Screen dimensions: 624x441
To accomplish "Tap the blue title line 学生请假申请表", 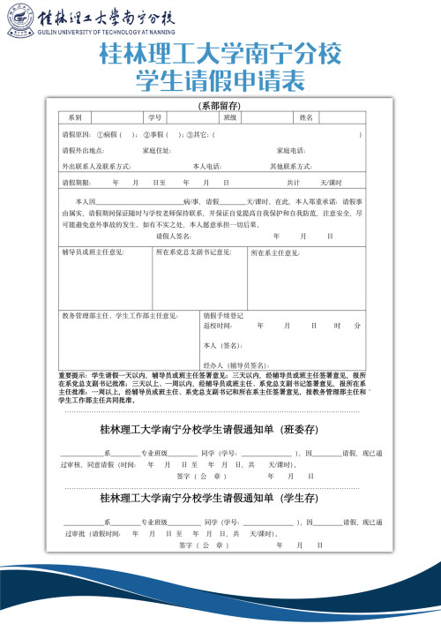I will tap(220, 82).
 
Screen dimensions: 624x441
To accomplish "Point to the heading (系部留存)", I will tap(220, 106).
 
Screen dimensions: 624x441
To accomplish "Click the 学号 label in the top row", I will tap(153, 117).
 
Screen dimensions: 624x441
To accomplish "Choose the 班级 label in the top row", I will tap(229, 117).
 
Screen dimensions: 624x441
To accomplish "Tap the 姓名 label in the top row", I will tap(306, 117).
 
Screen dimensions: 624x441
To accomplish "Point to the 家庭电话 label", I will tap(291, 150).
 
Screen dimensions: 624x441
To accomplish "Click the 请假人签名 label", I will tap(174, 236).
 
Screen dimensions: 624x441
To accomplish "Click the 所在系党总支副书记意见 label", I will tap(194, 252).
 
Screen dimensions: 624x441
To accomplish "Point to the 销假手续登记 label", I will tap(224, 314).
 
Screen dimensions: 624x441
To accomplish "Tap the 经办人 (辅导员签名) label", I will tap(235, 365).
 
